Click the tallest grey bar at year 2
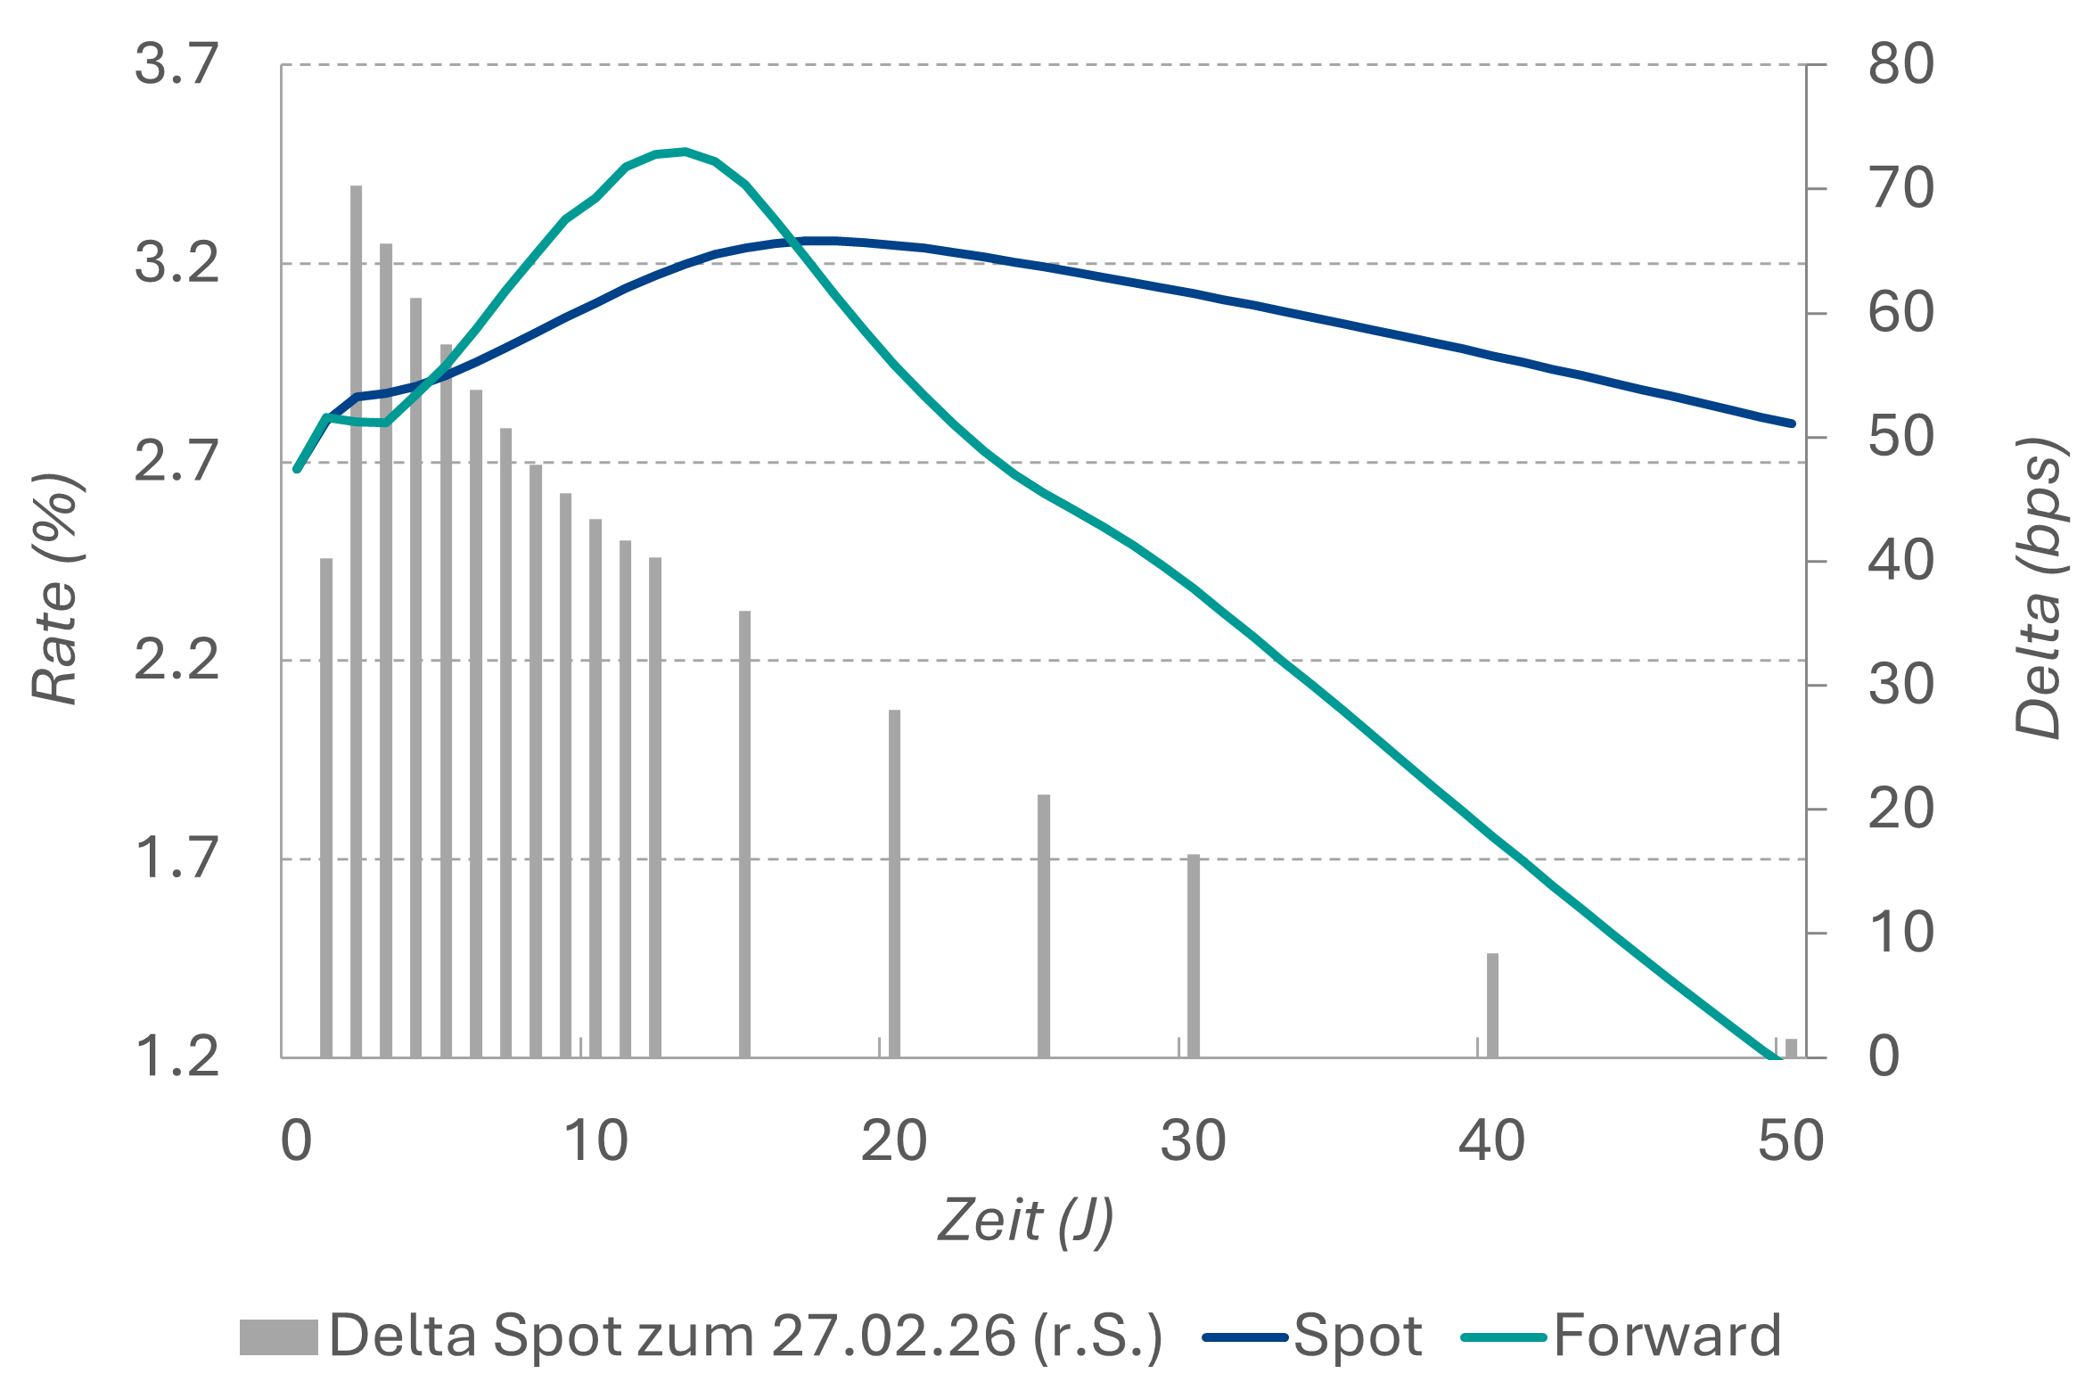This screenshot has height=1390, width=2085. coord(356,624)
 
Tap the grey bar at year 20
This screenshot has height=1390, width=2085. coord(894,883)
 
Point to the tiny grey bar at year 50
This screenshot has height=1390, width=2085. coord(1791,1048)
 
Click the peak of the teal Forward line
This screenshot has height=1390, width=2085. coord(685,152)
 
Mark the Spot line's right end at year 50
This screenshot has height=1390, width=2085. coord(1792,424)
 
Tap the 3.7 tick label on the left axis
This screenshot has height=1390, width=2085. coord(176,64)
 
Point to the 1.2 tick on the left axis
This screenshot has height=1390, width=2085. coord(176,1057)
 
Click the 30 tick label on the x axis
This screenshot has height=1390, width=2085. coord(1193,1140)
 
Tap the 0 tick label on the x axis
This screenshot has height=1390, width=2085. coord(296,1140)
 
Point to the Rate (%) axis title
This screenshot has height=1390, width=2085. coord(57,588)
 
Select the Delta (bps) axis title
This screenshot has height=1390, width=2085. coord(2040,588)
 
